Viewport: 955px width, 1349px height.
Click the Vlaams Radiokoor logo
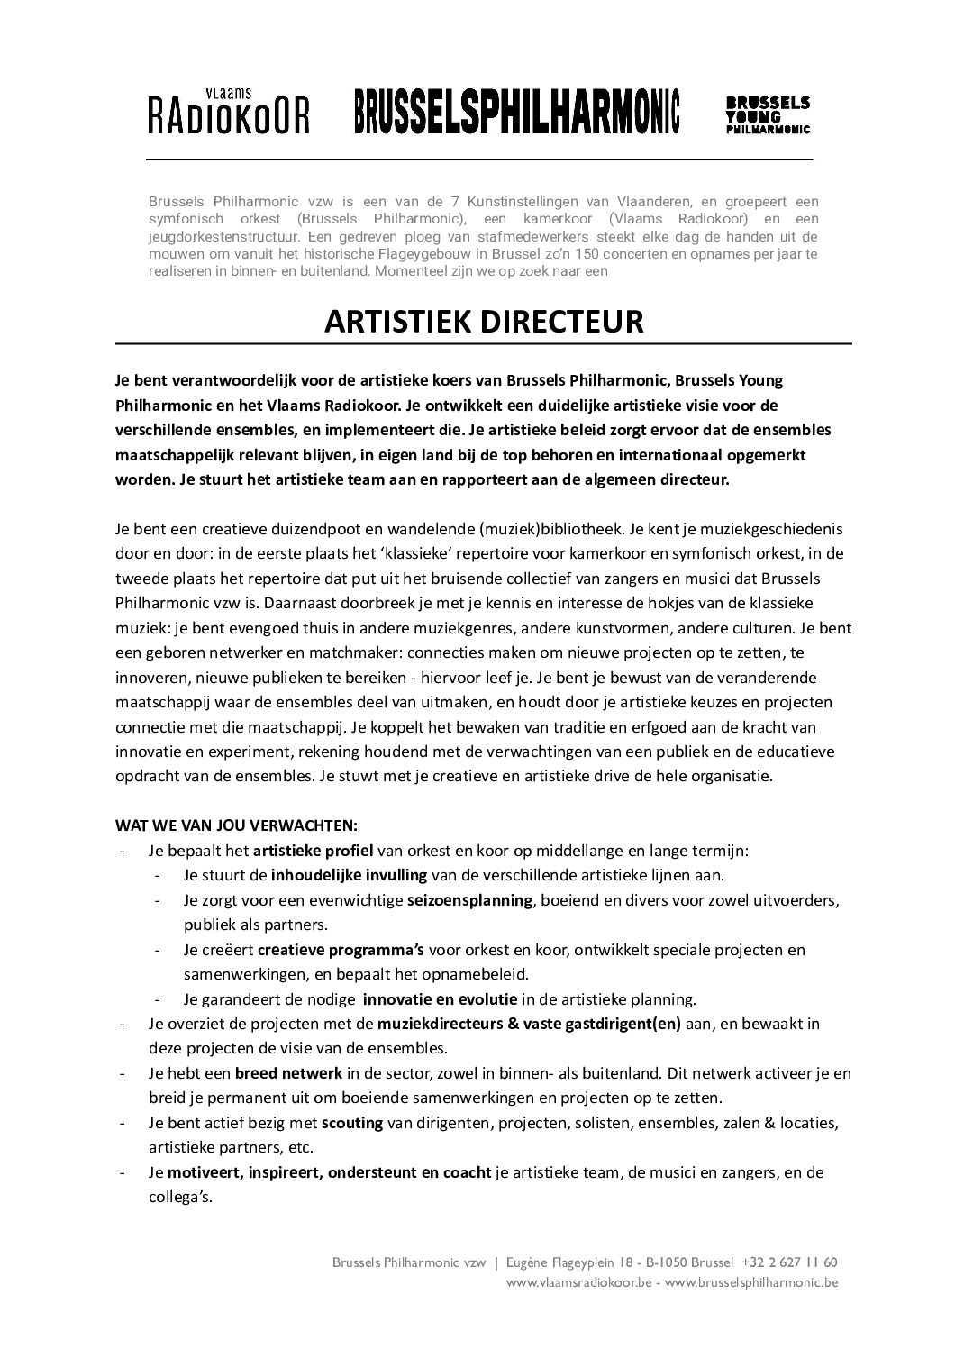pos(229,112)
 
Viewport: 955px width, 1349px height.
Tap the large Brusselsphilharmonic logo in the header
pos(516,112)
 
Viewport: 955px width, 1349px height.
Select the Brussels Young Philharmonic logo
pos(768,115)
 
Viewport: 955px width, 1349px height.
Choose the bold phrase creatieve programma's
pos(342,950)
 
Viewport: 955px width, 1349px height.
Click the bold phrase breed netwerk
pos(288,1073)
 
